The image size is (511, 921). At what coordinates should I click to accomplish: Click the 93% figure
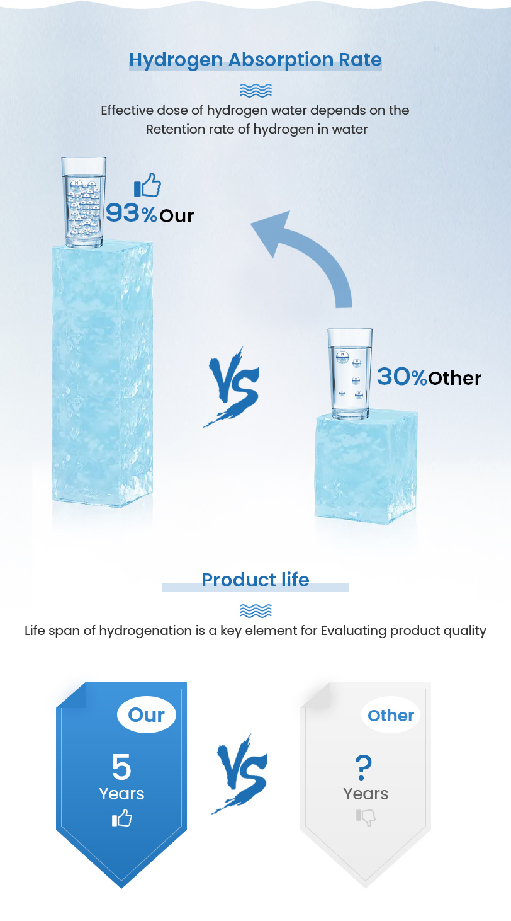coord(132,214)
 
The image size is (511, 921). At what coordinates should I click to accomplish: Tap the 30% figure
coord(402,377)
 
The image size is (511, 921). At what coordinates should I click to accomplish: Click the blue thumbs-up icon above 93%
coord(147,185)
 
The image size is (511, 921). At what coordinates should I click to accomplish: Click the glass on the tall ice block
coord(84,202)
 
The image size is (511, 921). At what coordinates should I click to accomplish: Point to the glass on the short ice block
coord(350,374)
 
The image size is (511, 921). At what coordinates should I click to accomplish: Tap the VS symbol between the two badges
coord(242,774)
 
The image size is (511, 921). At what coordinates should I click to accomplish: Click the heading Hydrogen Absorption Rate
coord(255,60)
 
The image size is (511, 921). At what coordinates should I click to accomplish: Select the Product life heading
coord(255,580)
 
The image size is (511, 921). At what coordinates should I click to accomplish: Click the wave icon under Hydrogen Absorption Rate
coord(255,91)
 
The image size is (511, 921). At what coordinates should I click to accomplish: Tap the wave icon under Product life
coord(255,611)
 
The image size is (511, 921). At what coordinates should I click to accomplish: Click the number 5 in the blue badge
coord(121,767)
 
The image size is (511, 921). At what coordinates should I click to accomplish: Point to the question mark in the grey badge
coord(363,767)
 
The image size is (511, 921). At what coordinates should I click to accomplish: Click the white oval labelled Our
coord(147,714)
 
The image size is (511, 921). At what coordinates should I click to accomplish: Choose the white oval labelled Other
coord(391,714)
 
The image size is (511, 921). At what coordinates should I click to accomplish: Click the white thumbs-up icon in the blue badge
coord(122,818)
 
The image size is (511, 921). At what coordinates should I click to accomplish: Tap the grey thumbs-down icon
coord(366,818)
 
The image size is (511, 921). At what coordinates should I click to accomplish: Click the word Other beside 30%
coord(455,378)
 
